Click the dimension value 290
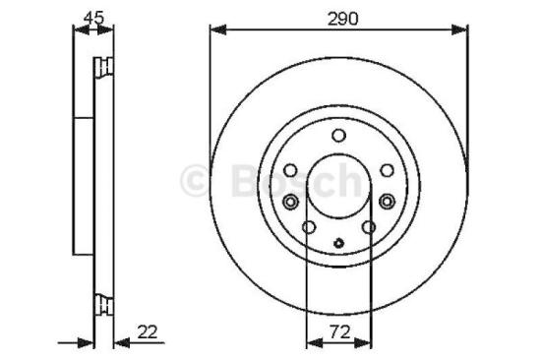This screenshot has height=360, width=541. tap(339, 18)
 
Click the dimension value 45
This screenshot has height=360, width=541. tap(94, 16)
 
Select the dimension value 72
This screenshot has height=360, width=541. tap(338, 332)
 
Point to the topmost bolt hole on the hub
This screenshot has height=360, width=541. tap(338, 136)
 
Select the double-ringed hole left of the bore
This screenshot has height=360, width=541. tap(290, 202)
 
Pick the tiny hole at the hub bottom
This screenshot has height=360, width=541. tap(338, 245)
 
